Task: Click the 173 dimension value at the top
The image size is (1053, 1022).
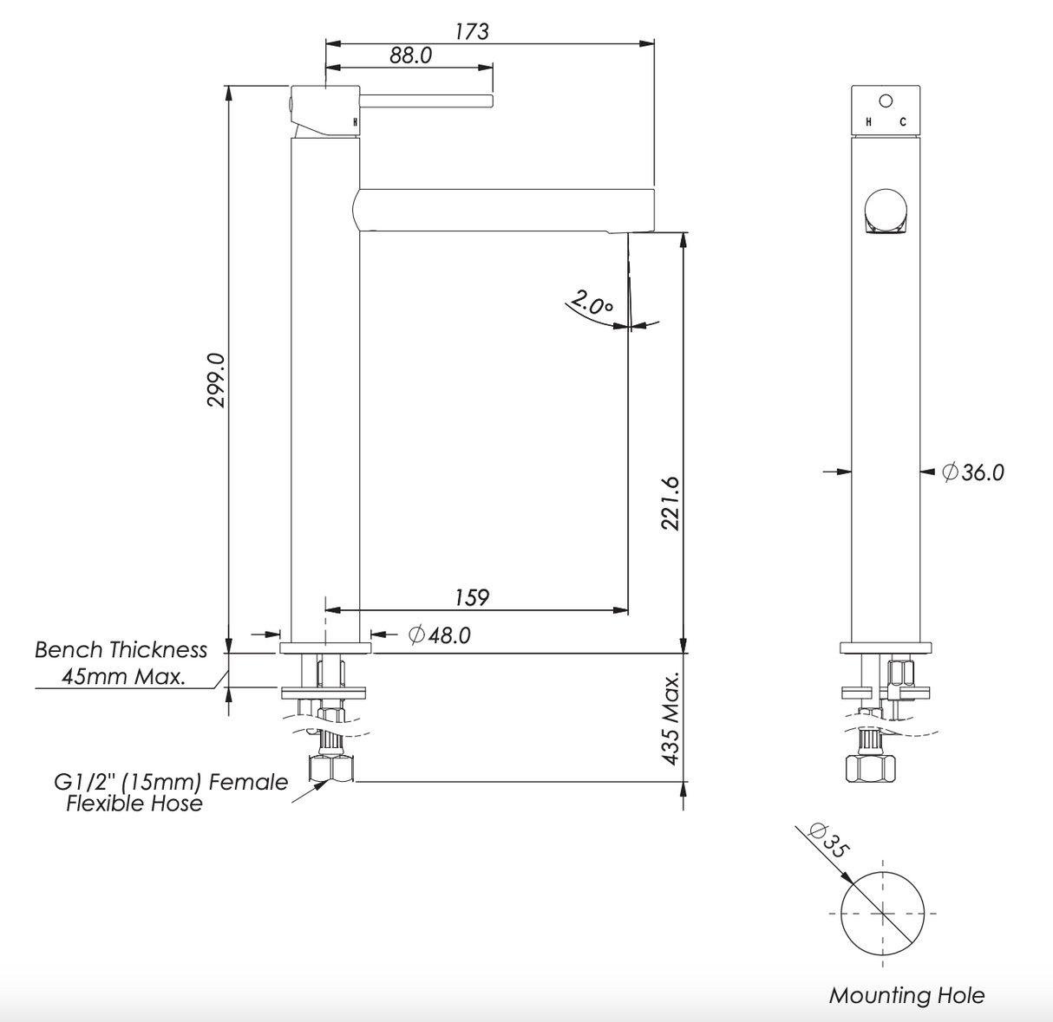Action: (472, 31)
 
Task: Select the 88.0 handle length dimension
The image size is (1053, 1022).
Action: (410, 55)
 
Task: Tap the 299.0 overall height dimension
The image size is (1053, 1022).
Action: (216, 379)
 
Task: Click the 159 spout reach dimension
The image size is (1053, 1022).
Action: (472, 597)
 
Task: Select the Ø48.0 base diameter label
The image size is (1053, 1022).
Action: (440, 635)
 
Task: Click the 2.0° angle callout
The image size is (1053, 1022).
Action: (592, 305)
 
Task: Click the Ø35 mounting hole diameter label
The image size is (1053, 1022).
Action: (825, 839)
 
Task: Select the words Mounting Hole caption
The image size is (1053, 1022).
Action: (906, 995)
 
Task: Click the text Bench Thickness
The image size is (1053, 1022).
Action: (121, 650)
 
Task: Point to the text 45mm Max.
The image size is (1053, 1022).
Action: (123, 677)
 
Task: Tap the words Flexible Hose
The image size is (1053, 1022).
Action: (134, 804)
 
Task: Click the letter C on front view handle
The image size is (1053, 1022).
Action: (902, 122)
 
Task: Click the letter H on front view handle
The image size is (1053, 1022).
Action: (868, 122)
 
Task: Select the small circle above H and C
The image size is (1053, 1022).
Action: (886, 100)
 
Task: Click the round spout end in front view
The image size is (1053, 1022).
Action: (886, 209)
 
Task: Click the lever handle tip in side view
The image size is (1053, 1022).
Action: (489, 101)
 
